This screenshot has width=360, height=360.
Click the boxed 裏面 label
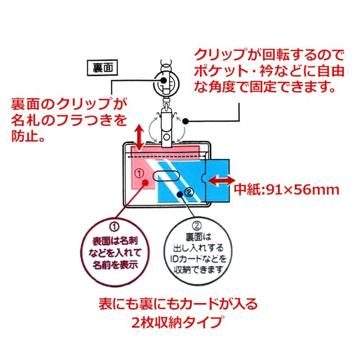pyautogui.click(x=101, y=68)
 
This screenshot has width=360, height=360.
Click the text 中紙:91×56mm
pyautogui.click(x=287, y=189)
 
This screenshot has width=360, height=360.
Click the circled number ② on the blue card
pyautogui.click(x=190, y=192)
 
